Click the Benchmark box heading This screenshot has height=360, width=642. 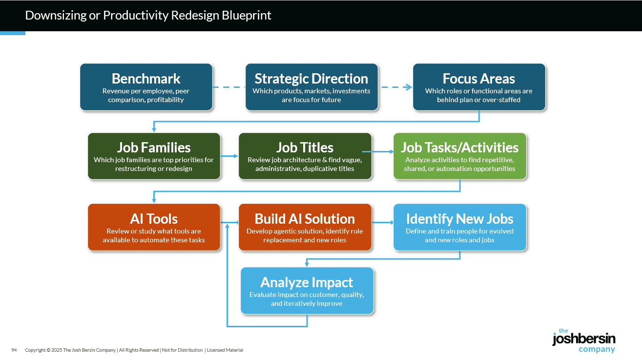coord(146,79)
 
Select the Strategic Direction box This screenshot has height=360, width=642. coord(311,87)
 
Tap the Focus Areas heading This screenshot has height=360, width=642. coord(478,79)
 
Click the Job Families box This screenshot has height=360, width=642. coord(154,156)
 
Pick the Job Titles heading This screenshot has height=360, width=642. coord(305,148)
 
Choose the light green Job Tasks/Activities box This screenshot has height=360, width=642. coord(459,156)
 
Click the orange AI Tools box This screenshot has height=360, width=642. coord(154,227)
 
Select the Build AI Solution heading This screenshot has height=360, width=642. coord(305,219)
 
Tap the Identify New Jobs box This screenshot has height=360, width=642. coord(459,227)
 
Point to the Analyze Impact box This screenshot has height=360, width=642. coord(307,291)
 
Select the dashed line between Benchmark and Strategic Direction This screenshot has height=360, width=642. coord(228,87)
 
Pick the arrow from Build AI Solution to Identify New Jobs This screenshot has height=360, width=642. coord(383,223)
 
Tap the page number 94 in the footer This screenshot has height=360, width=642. coord(14,350)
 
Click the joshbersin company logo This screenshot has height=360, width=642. coord(583,340)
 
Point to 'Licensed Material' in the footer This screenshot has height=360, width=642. coord(225,350)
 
